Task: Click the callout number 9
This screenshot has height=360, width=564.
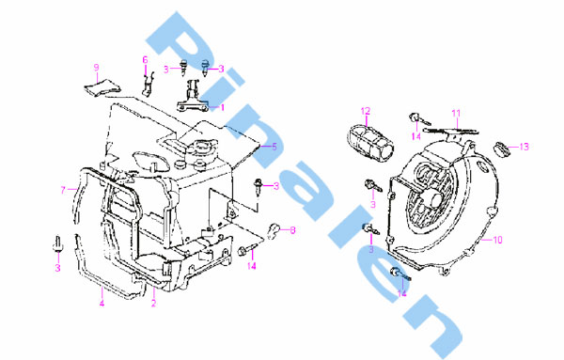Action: point(97,68)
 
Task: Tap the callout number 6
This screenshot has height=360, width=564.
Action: point(146,60)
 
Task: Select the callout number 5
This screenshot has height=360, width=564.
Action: point(274,147)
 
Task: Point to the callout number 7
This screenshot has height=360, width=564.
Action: point(63,190)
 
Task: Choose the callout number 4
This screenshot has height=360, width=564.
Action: point(102,303)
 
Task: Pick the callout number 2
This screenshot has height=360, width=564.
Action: point(153,304)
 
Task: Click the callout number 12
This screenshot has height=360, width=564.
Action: point(366,111)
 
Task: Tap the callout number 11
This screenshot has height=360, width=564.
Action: point(456,114)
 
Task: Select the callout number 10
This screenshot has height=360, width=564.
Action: point(497,240)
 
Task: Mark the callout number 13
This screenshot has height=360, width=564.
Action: point(525,147)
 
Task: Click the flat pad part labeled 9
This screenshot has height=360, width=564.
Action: point(102,87)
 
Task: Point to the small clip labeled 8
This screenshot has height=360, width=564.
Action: point(274,230)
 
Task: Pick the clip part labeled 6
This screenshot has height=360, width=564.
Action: point(149,85)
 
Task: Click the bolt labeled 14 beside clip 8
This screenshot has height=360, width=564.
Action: point(246,249)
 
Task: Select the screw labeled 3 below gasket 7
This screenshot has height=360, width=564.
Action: point(57,244)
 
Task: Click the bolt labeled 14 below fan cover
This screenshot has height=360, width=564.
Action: point(399,274)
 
